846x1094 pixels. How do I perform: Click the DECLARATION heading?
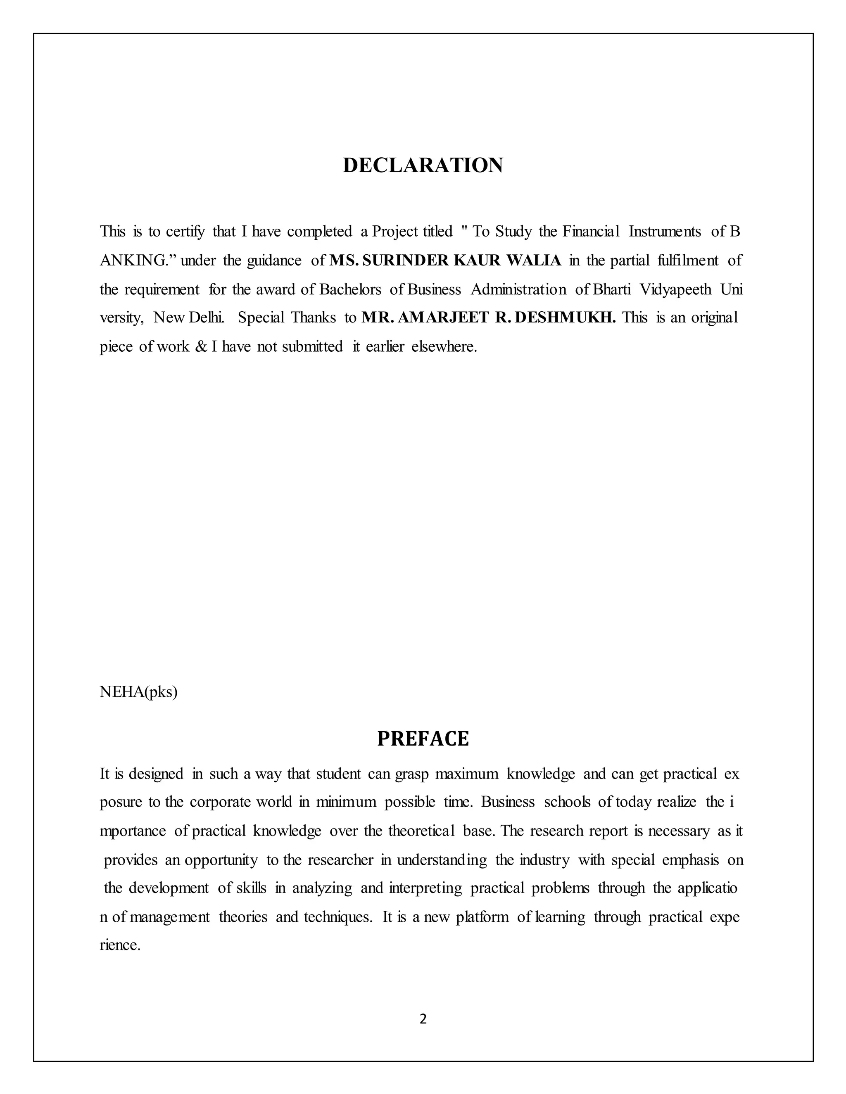423,165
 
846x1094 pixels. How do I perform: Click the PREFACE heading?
423,739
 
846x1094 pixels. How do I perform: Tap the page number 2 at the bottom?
423,1019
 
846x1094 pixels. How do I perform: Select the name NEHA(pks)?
138,692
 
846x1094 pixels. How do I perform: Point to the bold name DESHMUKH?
565,317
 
